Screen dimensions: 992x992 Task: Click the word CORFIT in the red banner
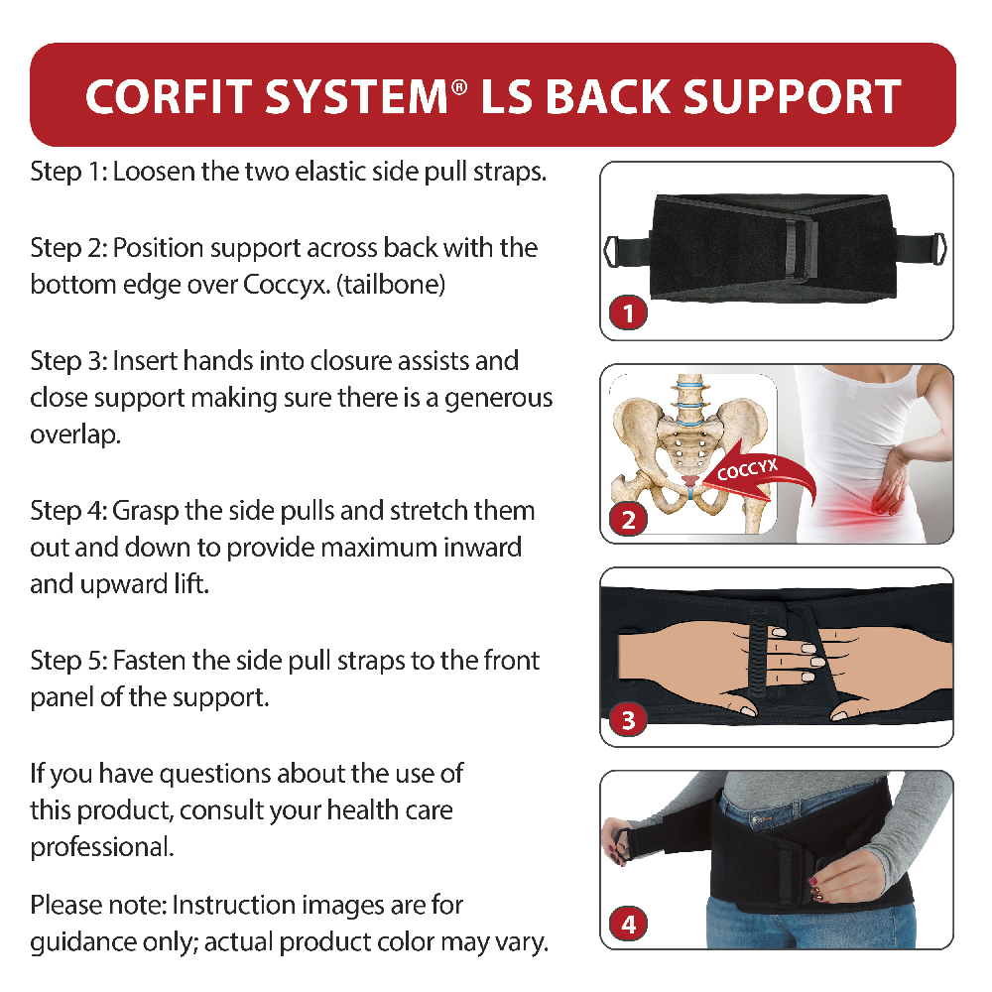169,97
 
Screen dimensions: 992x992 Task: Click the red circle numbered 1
628,312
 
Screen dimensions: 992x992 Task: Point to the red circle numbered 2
628,519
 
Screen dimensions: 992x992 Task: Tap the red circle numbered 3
628,719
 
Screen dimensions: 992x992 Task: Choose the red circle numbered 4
628,924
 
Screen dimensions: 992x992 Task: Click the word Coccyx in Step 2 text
287,286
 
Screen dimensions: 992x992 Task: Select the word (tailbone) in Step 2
391,286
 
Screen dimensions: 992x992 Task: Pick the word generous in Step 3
499,399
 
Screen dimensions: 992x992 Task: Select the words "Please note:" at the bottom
98,906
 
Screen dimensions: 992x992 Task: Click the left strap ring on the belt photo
610,251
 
